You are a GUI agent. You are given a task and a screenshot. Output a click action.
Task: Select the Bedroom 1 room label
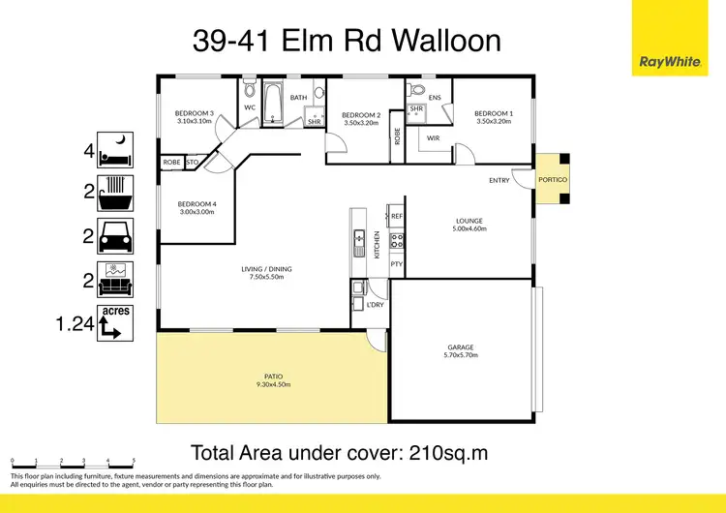point(494,113)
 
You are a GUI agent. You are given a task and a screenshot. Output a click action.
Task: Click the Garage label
point(460,347)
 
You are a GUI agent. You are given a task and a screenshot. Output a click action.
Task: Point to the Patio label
point(273,377)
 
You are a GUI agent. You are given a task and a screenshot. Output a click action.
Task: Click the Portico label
point(553,180)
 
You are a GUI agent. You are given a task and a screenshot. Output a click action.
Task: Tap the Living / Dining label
point(266,269)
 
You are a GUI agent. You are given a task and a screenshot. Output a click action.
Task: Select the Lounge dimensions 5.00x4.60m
point(469,228)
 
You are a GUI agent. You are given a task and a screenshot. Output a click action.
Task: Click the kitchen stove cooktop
point(395,239)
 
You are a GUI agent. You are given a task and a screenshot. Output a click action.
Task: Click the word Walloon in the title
point(440,41)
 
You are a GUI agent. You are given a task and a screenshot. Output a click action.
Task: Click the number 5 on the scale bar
point(134,462)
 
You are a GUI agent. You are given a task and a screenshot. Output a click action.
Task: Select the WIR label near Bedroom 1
point(433,137)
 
